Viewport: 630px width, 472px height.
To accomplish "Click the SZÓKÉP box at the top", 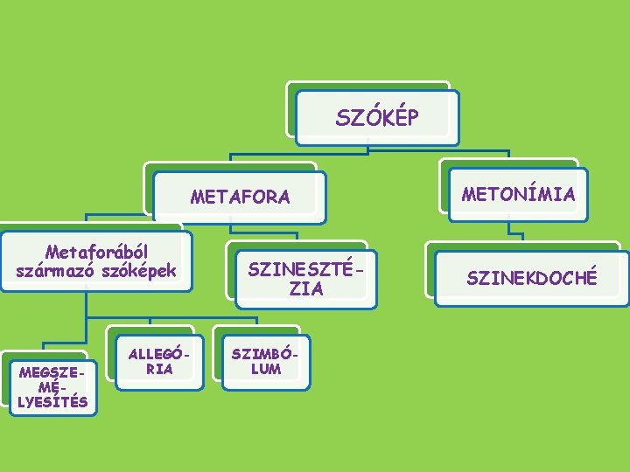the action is [377, 117].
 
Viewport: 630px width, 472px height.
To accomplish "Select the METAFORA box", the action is [241, 197].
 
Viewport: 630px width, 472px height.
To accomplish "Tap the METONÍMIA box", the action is [519, 193].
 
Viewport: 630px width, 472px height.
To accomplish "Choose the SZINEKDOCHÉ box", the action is [531, 278].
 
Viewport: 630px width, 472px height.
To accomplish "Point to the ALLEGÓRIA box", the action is [157, 361].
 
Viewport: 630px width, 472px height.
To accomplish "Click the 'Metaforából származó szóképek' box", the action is [95, 261].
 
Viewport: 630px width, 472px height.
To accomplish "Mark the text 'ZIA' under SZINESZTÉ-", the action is [305, 288].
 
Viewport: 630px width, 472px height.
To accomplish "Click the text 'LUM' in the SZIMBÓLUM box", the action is [265, 368].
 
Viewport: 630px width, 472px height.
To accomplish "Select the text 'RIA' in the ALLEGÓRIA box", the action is [158, 369].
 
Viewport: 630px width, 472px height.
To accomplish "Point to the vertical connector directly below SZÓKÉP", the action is [368, 149].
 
